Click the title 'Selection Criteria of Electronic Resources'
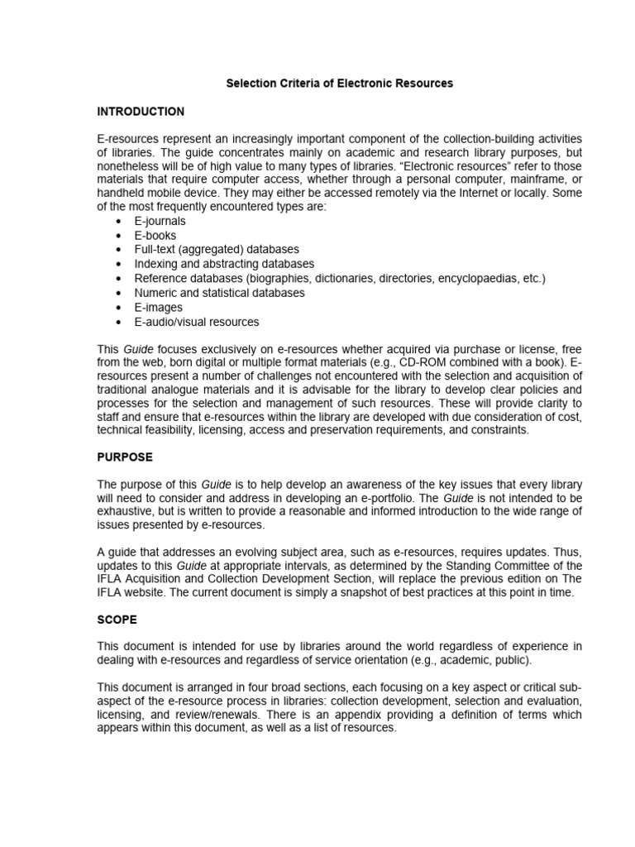(x=339, y=84)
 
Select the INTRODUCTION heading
(x=141, y=112)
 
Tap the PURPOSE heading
(x=125, y=457)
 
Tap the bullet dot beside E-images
(x=120, y=307)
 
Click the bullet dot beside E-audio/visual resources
(x=120, y=322)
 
